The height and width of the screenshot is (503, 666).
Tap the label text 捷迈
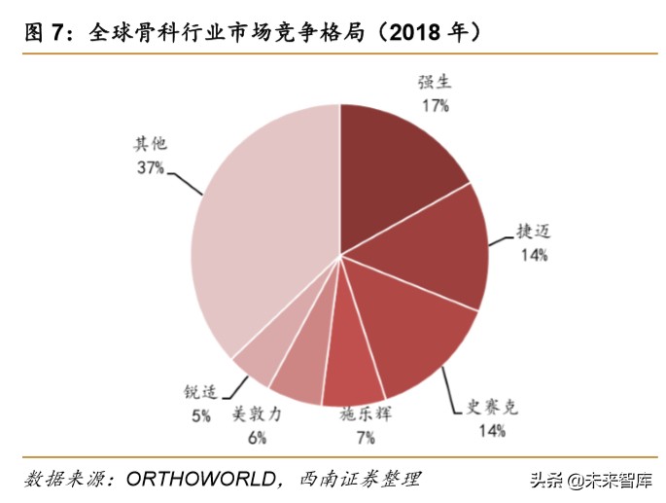(x=534, y=231)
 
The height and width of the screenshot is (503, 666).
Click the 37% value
(x=150, y=167)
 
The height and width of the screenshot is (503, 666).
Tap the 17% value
(x=435, y=105)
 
